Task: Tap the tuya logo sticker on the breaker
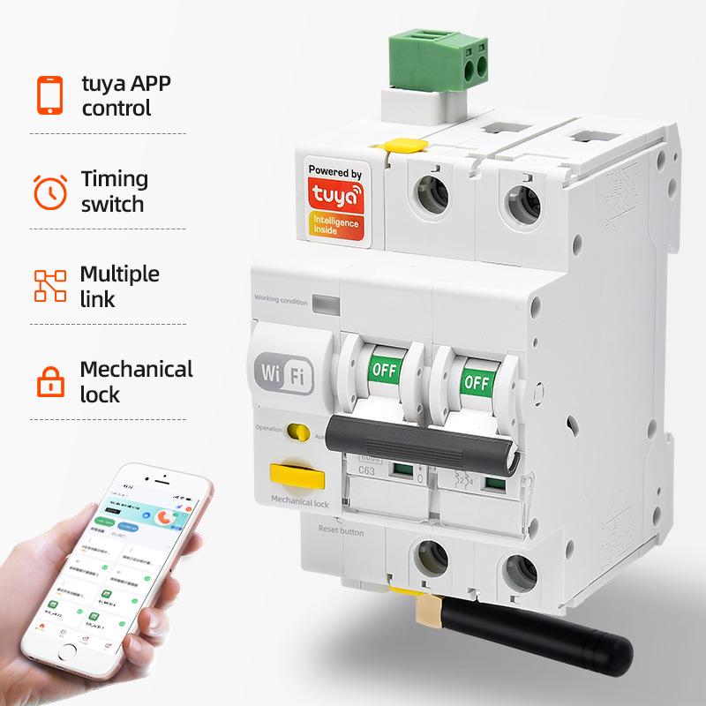(x=334, y=202)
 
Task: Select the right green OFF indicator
(x=474, y=381)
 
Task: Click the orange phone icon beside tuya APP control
(x=49, y=96)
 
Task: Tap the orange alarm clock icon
(x=49, y=192)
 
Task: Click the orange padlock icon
(x=49, y=382)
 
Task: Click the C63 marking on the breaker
(x=369, y=471)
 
